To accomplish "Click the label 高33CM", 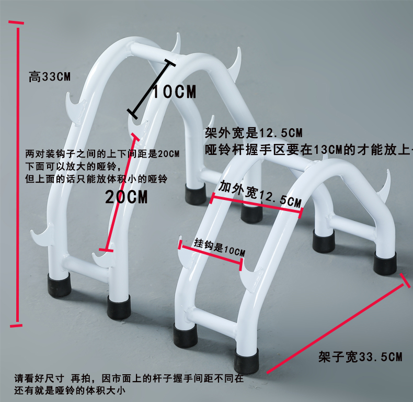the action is click(x=50, y=77).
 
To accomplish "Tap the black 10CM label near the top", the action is click(x=174, y=92).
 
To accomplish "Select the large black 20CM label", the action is click(x=127, y=197).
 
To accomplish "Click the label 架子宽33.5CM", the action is click(x=361, y=358).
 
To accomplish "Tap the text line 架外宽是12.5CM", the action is click(x=254, y=133).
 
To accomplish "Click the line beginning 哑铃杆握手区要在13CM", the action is click(x=308, y=150).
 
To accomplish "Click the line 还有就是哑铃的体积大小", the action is click(x=70, y=390).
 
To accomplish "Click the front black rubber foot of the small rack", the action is click(x=246, y=361).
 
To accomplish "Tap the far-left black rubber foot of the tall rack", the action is click(x=59, y=284).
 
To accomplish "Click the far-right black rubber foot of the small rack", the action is click(x=385, y=262).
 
